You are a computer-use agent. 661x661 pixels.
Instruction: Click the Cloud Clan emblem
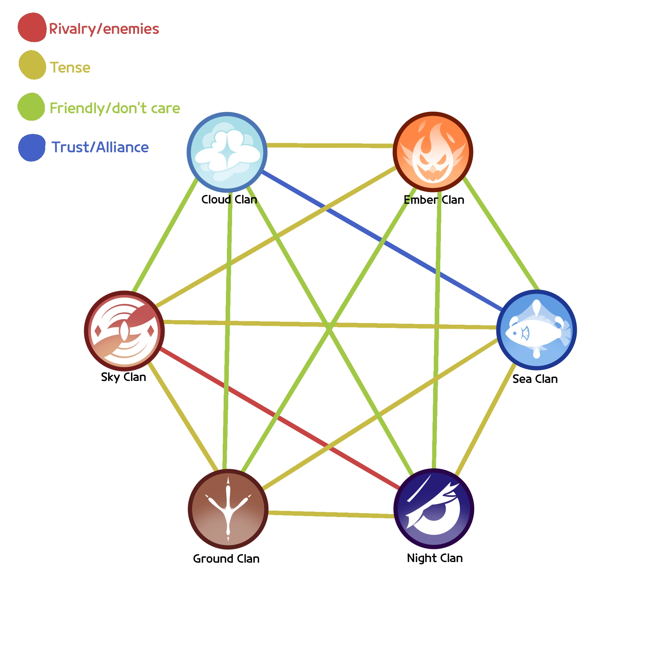(227, 152)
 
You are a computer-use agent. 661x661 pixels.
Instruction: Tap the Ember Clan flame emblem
(433, 152)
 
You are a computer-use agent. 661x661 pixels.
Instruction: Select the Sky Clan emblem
(124, 331)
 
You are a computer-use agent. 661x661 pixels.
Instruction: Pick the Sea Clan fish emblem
(536, 330)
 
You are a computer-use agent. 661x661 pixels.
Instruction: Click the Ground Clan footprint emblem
(228, 509)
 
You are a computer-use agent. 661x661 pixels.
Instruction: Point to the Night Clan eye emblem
(433, 509)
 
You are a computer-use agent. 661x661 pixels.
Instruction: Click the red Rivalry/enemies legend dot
(32, 27)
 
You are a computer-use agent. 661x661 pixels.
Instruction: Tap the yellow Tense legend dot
(32, 65)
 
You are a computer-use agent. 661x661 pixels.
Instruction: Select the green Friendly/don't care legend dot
(31, 107)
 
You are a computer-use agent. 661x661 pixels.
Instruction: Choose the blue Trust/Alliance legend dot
(32, 147)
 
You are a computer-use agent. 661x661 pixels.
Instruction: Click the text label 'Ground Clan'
(226, 559)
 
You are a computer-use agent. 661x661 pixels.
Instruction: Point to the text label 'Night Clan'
(434, 558)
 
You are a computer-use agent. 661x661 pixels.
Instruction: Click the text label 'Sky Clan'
(124, 377)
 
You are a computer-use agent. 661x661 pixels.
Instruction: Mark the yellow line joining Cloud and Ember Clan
(330, 146)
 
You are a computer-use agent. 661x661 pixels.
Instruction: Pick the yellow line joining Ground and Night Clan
(330, 514)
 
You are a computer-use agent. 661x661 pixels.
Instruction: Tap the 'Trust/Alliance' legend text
(100, 147)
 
